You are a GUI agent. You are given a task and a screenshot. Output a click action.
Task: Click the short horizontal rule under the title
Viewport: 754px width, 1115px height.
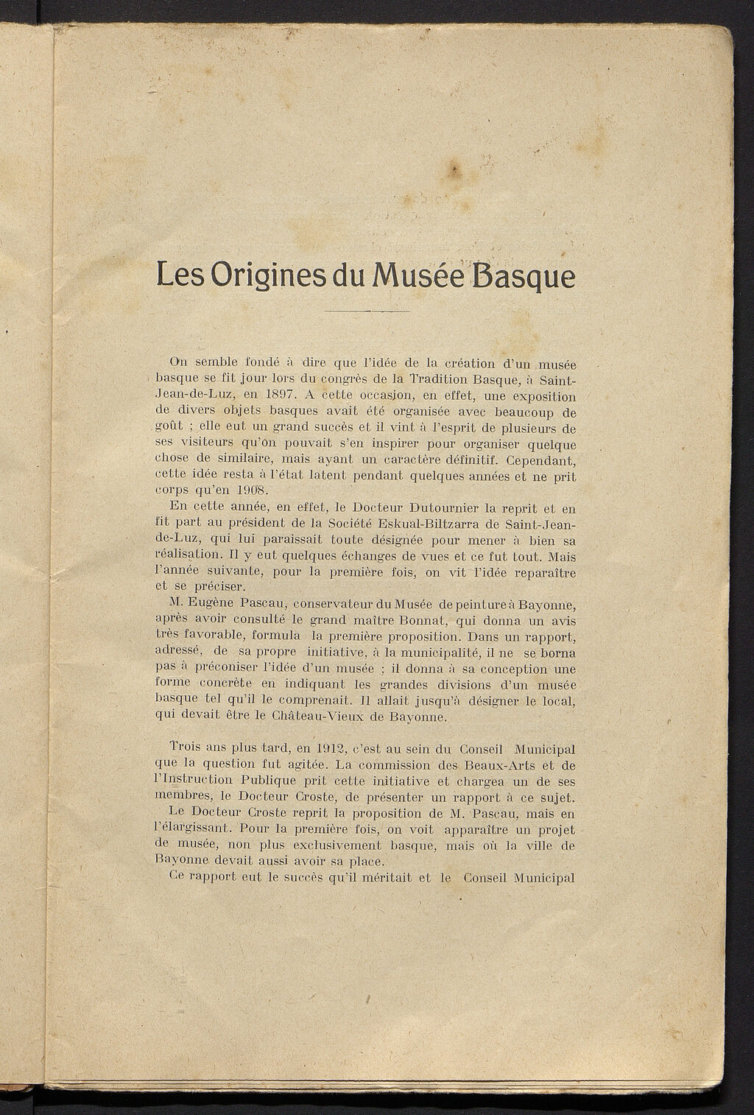367,311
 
